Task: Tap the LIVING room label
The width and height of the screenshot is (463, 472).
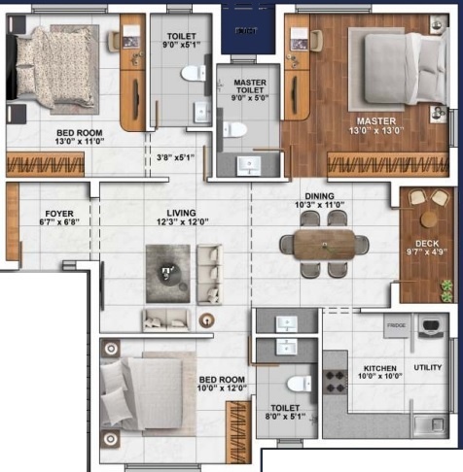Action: click(x=181, y=213)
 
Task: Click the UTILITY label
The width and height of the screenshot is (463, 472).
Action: click(x=430, y=369)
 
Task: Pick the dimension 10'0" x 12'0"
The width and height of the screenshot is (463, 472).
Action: click(x=223, y=388)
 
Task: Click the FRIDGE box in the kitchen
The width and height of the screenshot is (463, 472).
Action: click(x=396, y=326)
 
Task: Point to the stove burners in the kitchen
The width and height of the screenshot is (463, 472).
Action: click(x=337, y=378)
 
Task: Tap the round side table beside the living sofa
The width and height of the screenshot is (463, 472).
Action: click(x=205, y=320)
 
